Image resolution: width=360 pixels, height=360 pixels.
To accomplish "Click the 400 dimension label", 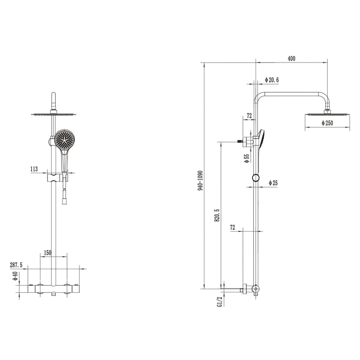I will pos(291,59).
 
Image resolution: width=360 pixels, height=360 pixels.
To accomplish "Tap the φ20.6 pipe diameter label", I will pos(272,80).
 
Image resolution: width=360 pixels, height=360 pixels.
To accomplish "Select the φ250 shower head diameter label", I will pos(327,123).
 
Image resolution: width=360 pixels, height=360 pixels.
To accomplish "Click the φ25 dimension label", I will pos(273,183).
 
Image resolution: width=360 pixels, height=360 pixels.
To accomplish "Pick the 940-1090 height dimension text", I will pos(200,180).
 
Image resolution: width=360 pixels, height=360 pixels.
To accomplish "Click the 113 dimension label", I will pos(34,169).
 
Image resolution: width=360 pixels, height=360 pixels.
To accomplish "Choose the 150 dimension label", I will pos(47,253).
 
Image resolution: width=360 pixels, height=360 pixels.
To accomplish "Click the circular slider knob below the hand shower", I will pos(255,178).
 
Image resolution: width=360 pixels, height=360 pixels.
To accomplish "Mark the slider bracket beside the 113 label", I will pos(55,178).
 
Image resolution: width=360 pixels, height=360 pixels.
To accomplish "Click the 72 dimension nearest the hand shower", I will pos(249,116).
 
